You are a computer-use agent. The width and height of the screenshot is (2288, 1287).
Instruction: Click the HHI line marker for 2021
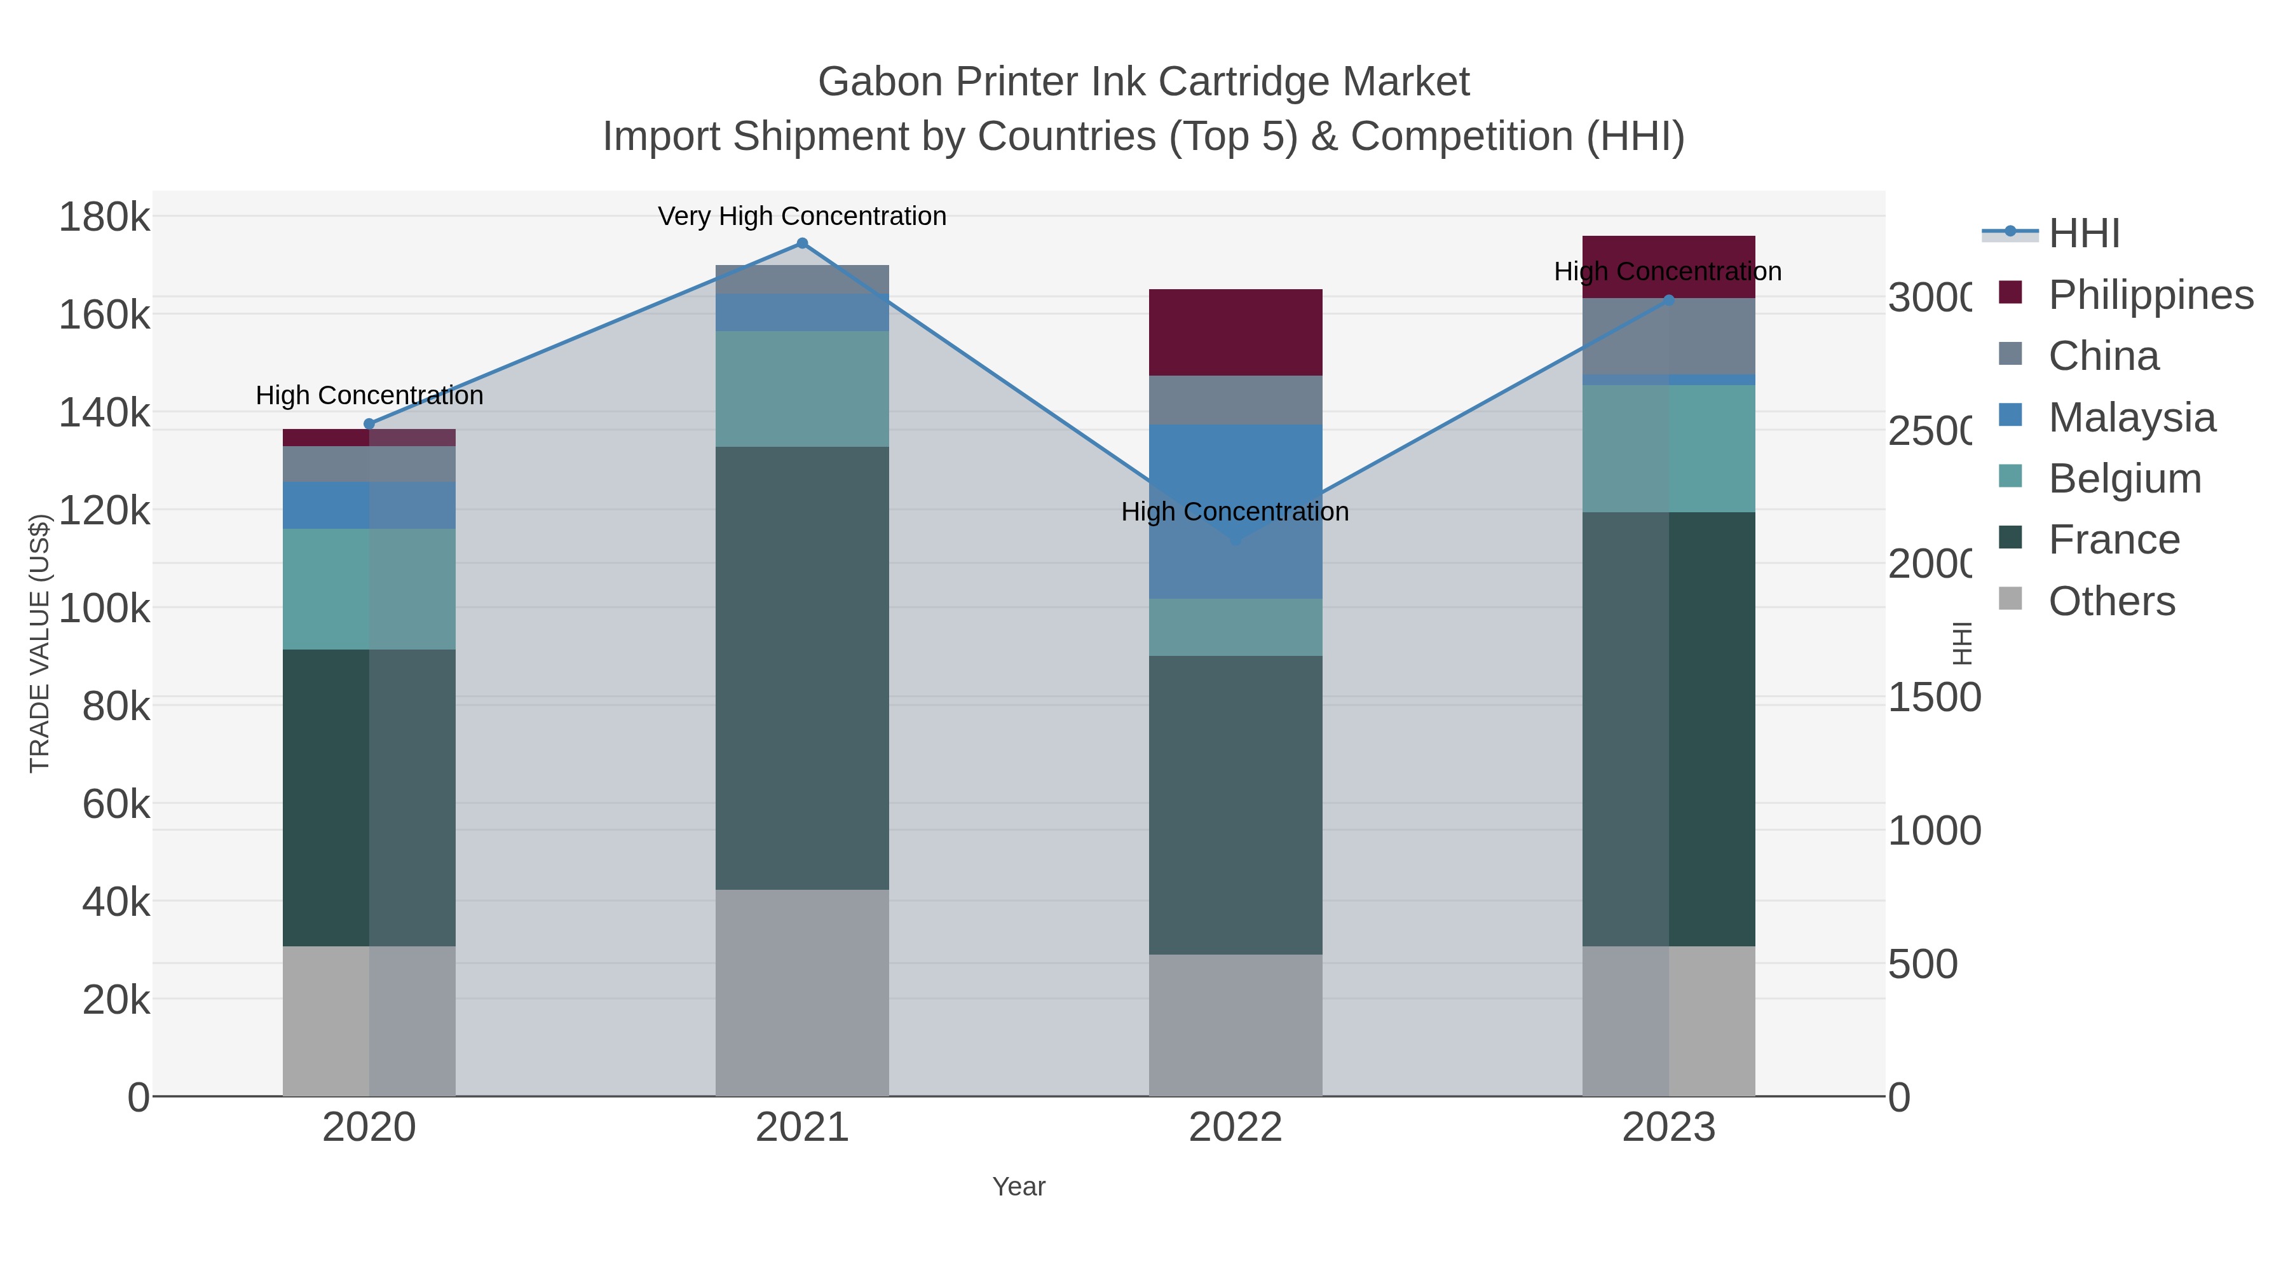[802, 243]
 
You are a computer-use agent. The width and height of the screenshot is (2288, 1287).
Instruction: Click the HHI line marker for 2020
[369, 425]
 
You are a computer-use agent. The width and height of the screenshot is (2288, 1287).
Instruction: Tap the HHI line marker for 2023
[1669, 300]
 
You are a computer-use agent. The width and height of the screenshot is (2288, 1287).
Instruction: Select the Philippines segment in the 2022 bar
[1236, 332]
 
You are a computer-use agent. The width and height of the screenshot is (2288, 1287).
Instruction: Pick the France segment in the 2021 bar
[802, 668]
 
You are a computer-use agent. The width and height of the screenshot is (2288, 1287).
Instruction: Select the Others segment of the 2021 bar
[802, 993]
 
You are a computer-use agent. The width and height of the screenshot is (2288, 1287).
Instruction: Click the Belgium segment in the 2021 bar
[802, 389]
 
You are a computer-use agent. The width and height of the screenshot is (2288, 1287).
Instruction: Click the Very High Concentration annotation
[802, 217]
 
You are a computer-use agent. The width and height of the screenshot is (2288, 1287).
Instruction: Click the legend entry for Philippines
[2150, 295]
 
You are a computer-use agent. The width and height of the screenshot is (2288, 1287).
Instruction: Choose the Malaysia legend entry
[2132, 418]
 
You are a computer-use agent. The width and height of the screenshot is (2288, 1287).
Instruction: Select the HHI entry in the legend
[2084, 234]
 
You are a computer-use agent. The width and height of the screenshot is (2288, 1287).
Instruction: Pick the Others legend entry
[2111, 601]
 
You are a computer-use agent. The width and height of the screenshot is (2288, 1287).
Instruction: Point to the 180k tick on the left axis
[105, 217]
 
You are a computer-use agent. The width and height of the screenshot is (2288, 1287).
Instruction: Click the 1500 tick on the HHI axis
[1933, 698]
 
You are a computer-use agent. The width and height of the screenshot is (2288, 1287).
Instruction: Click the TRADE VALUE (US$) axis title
[40, 643]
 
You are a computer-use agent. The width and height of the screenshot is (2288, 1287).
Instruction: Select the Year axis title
[1019, 1187]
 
